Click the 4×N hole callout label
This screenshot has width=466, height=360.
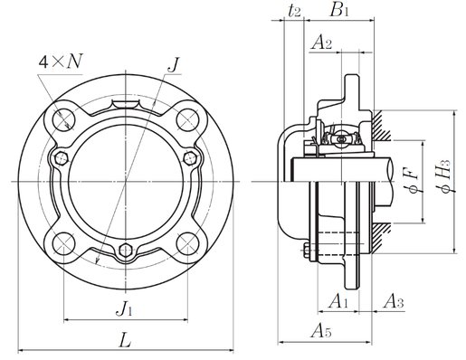click(x=61, y=62)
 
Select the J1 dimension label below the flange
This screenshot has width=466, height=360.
click(x=125, y=308)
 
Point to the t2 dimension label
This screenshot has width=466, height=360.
click(x=294, y=12)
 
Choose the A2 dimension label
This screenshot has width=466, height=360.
click(x=322, y=43)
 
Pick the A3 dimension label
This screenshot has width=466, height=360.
click(x=393, y=299)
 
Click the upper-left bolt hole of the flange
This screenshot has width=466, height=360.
click(x=63, y=118)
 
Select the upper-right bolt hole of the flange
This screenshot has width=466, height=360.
click(x=187, y=118)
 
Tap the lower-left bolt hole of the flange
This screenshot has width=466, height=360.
click(x=63, y=242)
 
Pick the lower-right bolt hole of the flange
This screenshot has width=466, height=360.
click(x=187, y=242)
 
